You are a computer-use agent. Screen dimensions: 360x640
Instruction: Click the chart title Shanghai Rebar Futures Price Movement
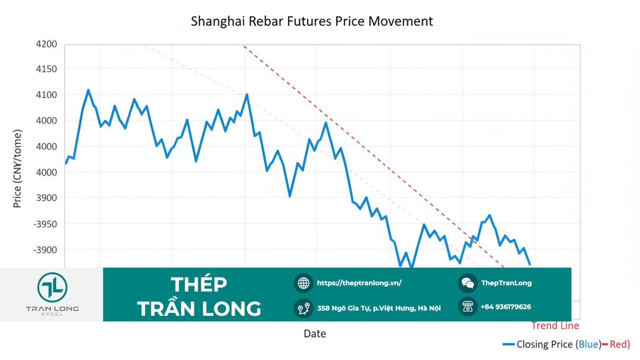point(312,21)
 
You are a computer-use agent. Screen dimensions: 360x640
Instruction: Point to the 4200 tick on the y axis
point(46,44)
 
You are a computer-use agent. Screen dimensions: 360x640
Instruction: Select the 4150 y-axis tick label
point(46,70)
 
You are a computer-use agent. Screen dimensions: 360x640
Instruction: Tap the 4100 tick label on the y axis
point(46,95)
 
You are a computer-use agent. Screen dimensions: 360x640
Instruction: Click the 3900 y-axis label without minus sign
point(46,198)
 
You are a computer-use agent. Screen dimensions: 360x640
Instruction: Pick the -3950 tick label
point(45,224)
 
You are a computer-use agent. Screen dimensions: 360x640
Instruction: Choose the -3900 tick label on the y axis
point(45,250)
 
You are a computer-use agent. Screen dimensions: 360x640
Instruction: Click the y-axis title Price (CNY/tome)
point(18,169)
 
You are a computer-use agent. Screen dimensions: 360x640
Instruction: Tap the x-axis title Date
point(315,334)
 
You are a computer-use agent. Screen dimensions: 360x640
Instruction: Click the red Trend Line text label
point(555,326)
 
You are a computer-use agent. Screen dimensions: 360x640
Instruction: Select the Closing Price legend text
point(545,344)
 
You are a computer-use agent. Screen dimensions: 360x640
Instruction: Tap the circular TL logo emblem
point(52,287)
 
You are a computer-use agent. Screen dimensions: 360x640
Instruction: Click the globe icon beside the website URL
point(303,283)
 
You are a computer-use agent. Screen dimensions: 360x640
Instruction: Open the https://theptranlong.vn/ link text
point(359,283)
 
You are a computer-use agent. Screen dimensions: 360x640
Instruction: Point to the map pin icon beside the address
point(303,308)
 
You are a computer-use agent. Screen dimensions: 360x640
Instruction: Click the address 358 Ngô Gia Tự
point(379,308)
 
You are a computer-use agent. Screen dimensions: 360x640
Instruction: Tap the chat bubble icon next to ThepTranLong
point(468,283)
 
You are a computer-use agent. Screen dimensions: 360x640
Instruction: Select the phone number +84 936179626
point(506,307)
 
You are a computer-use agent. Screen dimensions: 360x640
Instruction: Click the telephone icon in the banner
point(468,307)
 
